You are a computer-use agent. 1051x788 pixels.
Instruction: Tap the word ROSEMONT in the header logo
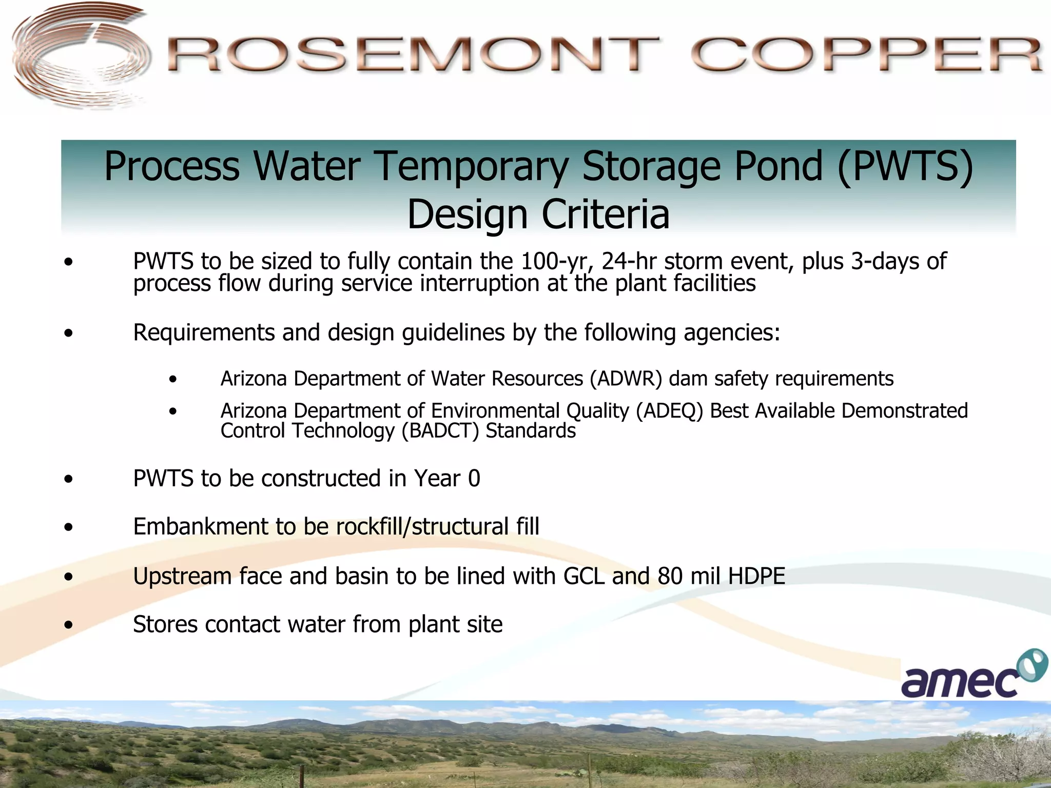pos(413,55)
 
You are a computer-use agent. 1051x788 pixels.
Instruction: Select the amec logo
pos(972,675)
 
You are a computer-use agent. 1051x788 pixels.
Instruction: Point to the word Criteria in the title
pos(606,214)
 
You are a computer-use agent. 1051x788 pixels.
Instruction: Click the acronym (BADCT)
pos(440,431)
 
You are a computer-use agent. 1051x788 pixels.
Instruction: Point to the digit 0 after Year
pos(474,479)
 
